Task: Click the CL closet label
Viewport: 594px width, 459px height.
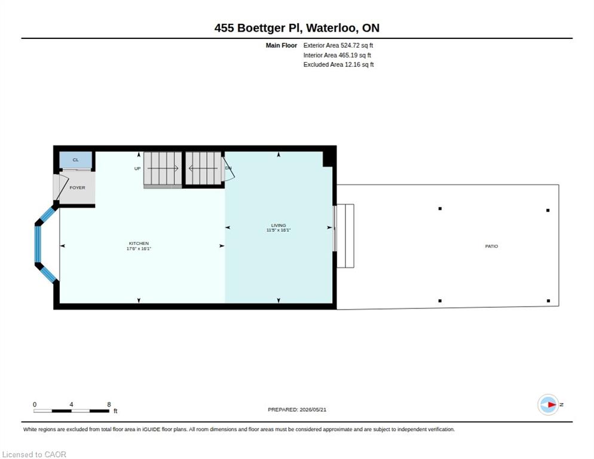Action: click(76, 160)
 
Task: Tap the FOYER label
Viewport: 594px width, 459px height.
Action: click(77, 188)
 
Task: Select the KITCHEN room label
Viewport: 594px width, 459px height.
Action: click(139, 243)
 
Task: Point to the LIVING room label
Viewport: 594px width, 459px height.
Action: click(278, 225)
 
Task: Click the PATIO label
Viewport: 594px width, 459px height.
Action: click(491, 246)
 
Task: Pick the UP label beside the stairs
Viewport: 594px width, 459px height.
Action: click(137, 169)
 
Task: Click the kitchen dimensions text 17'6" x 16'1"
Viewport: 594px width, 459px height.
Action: click(139, 249)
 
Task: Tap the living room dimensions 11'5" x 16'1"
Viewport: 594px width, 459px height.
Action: click(278, 230)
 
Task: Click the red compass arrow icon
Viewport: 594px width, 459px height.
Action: click(552, 405)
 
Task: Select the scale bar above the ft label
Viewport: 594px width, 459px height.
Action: click(71, 411)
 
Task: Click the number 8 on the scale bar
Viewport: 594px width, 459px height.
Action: click(109, 405)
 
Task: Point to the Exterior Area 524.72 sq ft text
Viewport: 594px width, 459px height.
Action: click(338, 45)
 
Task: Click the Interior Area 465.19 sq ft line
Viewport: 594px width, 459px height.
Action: click(337, 56)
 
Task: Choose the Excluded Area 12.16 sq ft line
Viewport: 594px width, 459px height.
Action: click(338, 65)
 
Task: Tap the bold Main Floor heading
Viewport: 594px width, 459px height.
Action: click(281, 45)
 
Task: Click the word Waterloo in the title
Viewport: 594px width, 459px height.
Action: click(331, 28)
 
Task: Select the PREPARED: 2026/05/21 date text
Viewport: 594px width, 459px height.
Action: click(297, 410)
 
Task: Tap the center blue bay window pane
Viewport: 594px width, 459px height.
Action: click(38, 244)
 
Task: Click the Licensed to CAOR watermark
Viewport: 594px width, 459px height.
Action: click(34, 454)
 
